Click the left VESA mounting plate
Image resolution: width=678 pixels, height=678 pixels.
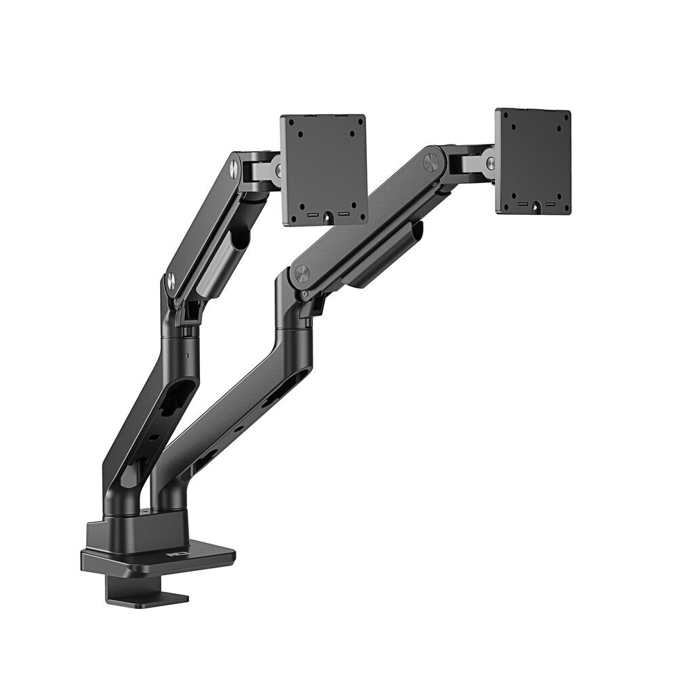(323, 169)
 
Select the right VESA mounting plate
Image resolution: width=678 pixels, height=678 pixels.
(533, 161)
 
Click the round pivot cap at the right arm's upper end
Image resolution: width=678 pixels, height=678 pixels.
(431, 162)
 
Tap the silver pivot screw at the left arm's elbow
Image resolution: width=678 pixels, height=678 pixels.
(171, 280)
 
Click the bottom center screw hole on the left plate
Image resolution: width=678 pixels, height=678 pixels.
(327, 217)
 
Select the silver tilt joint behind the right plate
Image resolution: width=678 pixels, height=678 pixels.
(487, 163)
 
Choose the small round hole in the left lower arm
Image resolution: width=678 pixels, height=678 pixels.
(155, 437)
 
